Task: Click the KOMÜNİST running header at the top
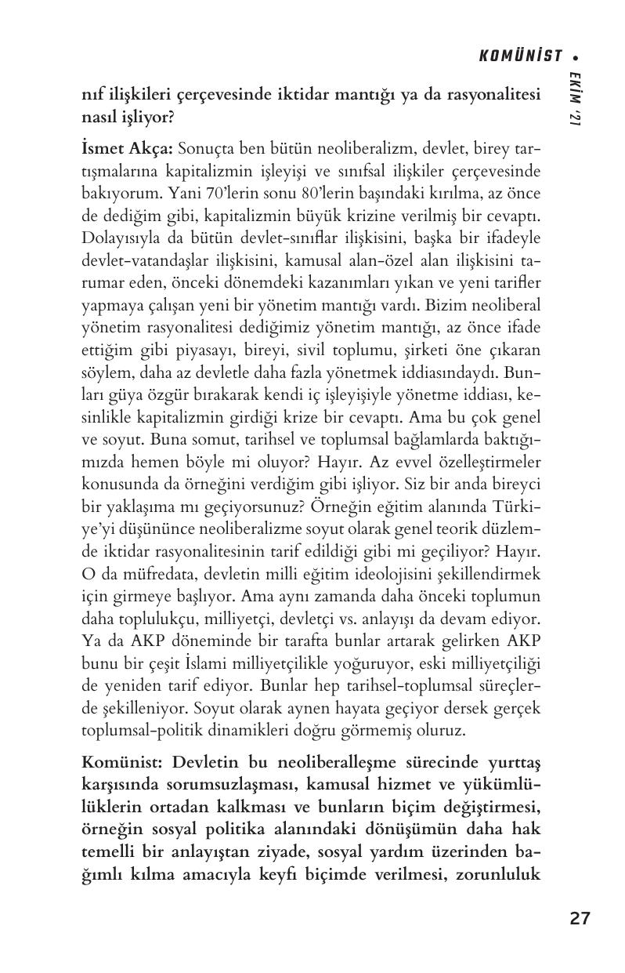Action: click(520, 56)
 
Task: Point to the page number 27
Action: click(580, 919)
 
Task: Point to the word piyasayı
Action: click(227, 349)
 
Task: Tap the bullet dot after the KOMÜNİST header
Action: click(576, 56)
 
